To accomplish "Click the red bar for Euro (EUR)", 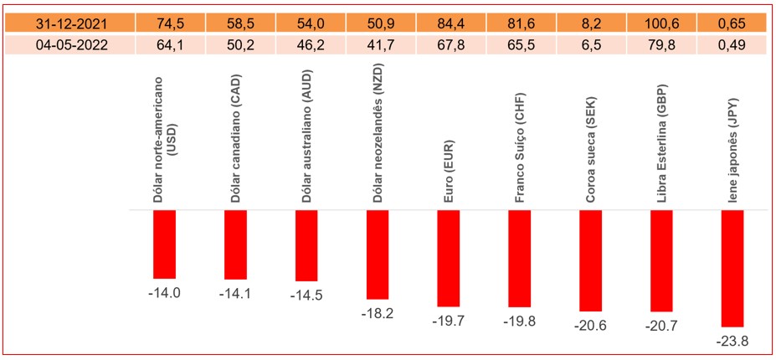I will pos(449,258).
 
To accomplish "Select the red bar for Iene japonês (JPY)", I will pos(732,268).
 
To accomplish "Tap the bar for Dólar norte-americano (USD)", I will pos(164,244).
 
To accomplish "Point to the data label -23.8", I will pos(732,340).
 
